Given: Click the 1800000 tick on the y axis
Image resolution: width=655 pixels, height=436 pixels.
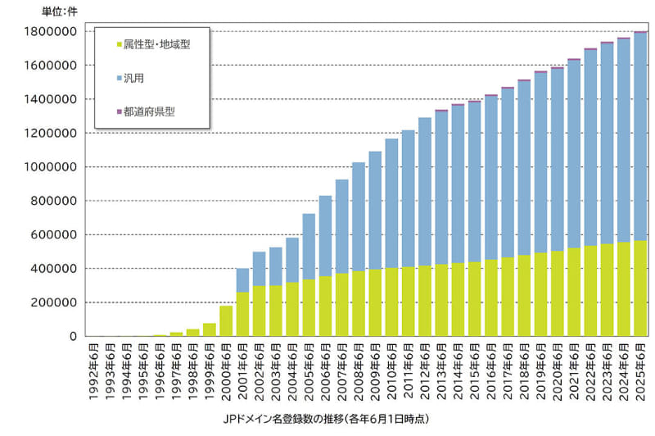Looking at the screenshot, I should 52,31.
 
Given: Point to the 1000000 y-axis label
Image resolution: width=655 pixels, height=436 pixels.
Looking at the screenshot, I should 52,167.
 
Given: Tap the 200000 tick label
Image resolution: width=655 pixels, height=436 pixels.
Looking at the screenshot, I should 54,302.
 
